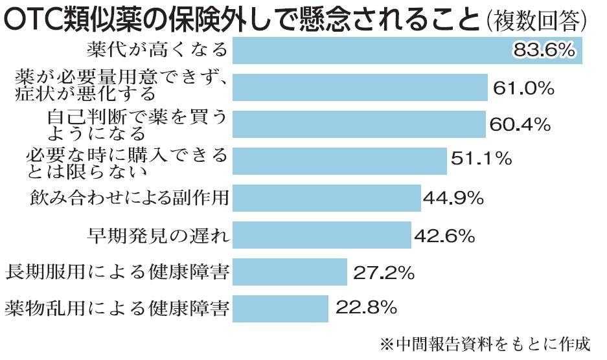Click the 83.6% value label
tap(543, 51)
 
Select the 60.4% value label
tap(520, 124)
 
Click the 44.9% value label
tap(453, 197)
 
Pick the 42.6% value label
tap(446, 234)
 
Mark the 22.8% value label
tap(366, 308)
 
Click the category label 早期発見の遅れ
tap(158, 234)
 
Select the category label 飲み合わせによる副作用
tap(130, 197)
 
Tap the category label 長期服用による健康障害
tap(117, 272)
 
